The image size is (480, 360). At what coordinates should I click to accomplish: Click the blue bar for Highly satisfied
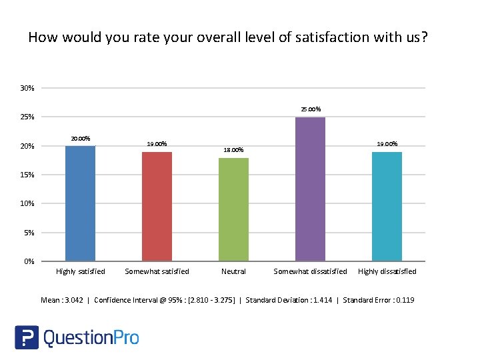pyautogui.click(x=80, y=203)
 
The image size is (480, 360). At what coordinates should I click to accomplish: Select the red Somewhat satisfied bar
pyautogui.click(x=157, y=207)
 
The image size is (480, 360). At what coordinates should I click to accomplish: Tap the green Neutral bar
pyautogui.click(x=233, y=209)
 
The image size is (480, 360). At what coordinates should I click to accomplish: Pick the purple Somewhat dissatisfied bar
pyautogui.click(x=310, y=189)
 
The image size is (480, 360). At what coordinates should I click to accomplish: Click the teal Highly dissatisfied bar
pyautogui.click(x=387, y=207)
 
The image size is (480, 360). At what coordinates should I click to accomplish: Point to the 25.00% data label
pyautogui.click(x=310, y=109)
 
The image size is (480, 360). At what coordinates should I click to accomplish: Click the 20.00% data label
pyautogui.click(x=80, y=138)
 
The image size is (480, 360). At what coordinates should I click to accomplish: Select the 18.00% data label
pyautogui.click(x=233, y=150)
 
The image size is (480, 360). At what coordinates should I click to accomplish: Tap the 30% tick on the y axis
pyautogui.click(x=27, y=88)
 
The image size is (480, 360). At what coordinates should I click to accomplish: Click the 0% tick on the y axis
pyautogui.click(x=29, y=261)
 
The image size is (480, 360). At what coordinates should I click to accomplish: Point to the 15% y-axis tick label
pyautogui.click(x=27, y=175)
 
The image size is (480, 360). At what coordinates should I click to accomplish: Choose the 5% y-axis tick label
pyautogui.click(x=29, y=233)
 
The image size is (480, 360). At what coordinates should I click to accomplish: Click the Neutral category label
pyautogui.click(x=233, y=271)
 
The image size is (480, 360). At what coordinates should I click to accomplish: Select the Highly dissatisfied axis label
pyautogui.click(x=387, y=271)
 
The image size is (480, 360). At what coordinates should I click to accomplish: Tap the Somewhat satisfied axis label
pyautogui.click(x=157, y=271)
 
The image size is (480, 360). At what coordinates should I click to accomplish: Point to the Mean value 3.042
pyautogui.click(x=73, y=300)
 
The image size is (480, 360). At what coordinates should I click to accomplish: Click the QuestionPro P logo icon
pyautogui.click(x=27, y=337)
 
